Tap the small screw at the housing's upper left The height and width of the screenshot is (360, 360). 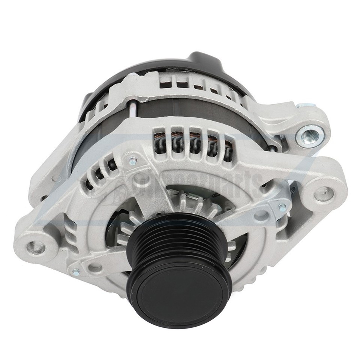coord(133,162)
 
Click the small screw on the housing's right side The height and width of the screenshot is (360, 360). coord(282,207)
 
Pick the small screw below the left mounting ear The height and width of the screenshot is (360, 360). coord(76,273)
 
